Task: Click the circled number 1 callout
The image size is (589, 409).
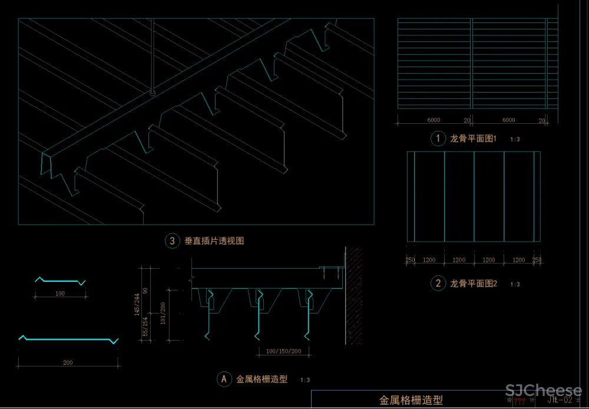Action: coord(438,139)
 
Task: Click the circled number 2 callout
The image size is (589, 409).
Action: coord(438,283)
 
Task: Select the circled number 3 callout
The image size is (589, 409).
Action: coord(172,240)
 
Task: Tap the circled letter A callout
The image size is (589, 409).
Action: coord(223,380)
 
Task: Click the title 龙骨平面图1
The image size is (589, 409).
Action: coord(474,139)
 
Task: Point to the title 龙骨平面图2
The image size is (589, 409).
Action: coord(474,283)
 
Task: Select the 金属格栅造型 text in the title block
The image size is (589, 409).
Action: coord(411,400)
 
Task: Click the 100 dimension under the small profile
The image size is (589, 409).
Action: coord(59,293)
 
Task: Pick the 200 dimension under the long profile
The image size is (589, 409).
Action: coord(68,362)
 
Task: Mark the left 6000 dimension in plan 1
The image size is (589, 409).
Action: coord(434,120)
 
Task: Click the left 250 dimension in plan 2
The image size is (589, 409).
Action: coord(411,260)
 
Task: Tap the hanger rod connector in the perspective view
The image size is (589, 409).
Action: coord(153,92)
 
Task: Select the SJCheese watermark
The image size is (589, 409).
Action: coord(544,391)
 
